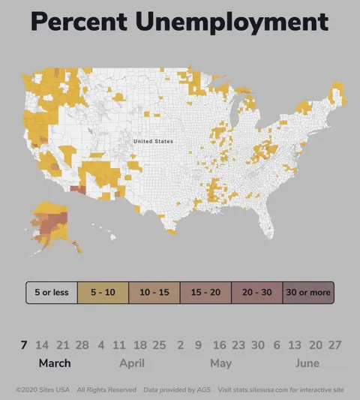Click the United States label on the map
coord(153,141)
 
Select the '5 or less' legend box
coord(52,292)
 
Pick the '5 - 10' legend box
coord(103,292)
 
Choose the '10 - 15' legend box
coord(154,292)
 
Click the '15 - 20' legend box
coord(205,292)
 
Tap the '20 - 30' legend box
coord(256,292)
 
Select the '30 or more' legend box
coord(307,292)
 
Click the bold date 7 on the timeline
coord(24,344)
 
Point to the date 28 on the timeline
coord(82,344)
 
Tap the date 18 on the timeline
coord(139,344)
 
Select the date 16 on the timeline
coord(219,344)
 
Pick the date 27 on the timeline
coord(334,344)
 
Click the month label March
coord(55,363)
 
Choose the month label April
coord(132,363)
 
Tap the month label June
coord(307,363)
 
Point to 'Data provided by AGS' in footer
coord(177,389)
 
